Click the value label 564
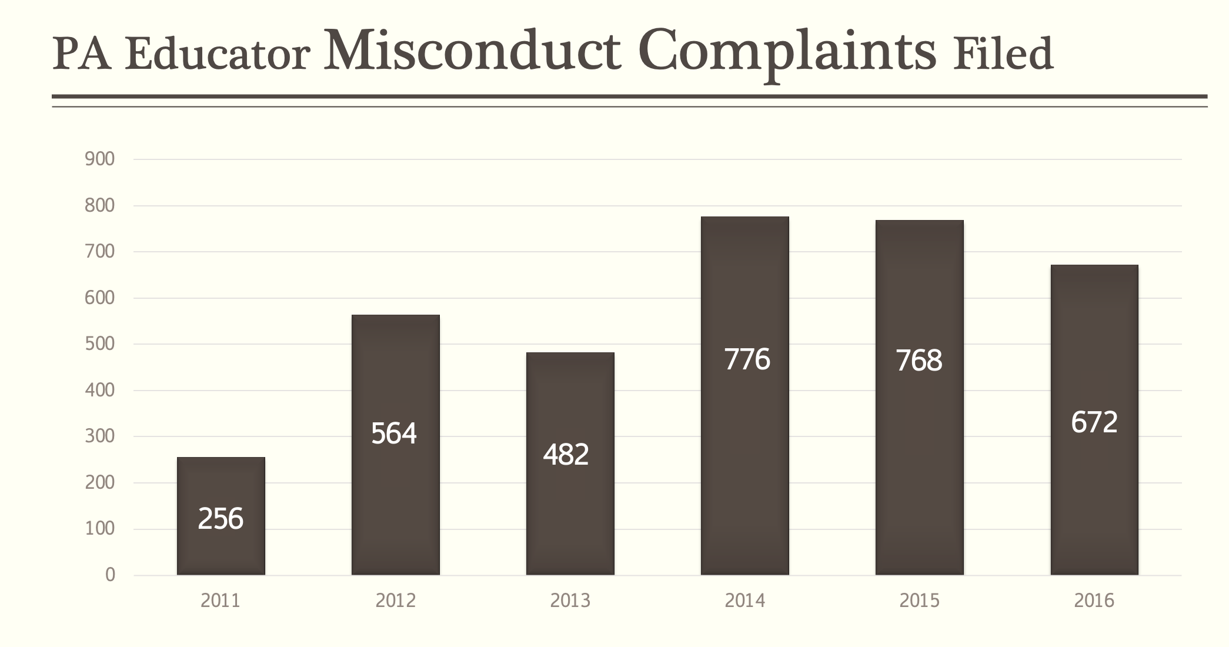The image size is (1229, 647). click(394, 434)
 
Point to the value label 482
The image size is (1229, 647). click(566, 455)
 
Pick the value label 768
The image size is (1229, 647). click(919, 361)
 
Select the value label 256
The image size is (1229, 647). click(221, 519)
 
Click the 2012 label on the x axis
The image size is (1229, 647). click(395, 601)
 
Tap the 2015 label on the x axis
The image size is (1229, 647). click(919, 601)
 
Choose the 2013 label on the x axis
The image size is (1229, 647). click(570, 601)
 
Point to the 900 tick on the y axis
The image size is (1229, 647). click(99, 159)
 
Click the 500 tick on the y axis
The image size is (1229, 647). click(99, 344)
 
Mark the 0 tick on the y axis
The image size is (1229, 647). click(110, 575)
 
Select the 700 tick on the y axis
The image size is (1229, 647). click(99, 252)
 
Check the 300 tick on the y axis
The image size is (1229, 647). click(99, 436)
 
